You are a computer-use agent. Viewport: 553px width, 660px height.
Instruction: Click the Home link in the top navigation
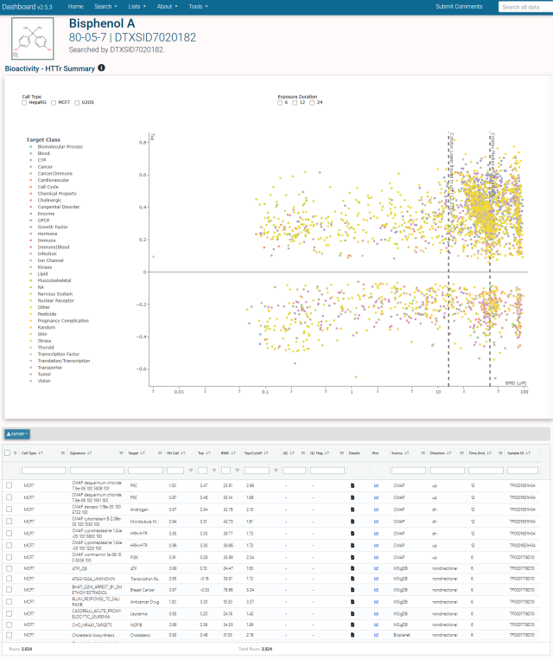pyautogui.click(x=75, y=6)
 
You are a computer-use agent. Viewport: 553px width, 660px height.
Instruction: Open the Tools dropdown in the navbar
pyautogui.click(x=199, y=6)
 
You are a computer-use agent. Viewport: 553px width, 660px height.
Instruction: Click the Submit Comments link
pyautogui.click(x=459, y=6)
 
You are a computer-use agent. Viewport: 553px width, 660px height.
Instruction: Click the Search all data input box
pyautogui.click(x=524, y=7)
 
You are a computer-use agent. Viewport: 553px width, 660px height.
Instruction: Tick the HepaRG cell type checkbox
pyautogui.click(x=24, y=102)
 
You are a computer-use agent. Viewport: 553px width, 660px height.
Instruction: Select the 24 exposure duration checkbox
pyautogui.click(x=315, y=102)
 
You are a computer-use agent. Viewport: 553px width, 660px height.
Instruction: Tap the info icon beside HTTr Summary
pyautogui.click(x=101, y=67)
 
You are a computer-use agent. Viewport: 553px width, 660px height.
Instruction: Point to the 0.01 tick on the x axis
pyautogui.click(x=179, y=391)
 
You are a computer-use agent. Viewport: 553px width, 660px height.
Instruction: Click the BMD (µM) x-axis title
pyautogui.click(x=516, y=381)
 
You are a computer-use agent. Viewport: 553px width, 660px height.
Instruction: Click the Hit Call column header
pyautogui.click(x=175, y=452)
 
